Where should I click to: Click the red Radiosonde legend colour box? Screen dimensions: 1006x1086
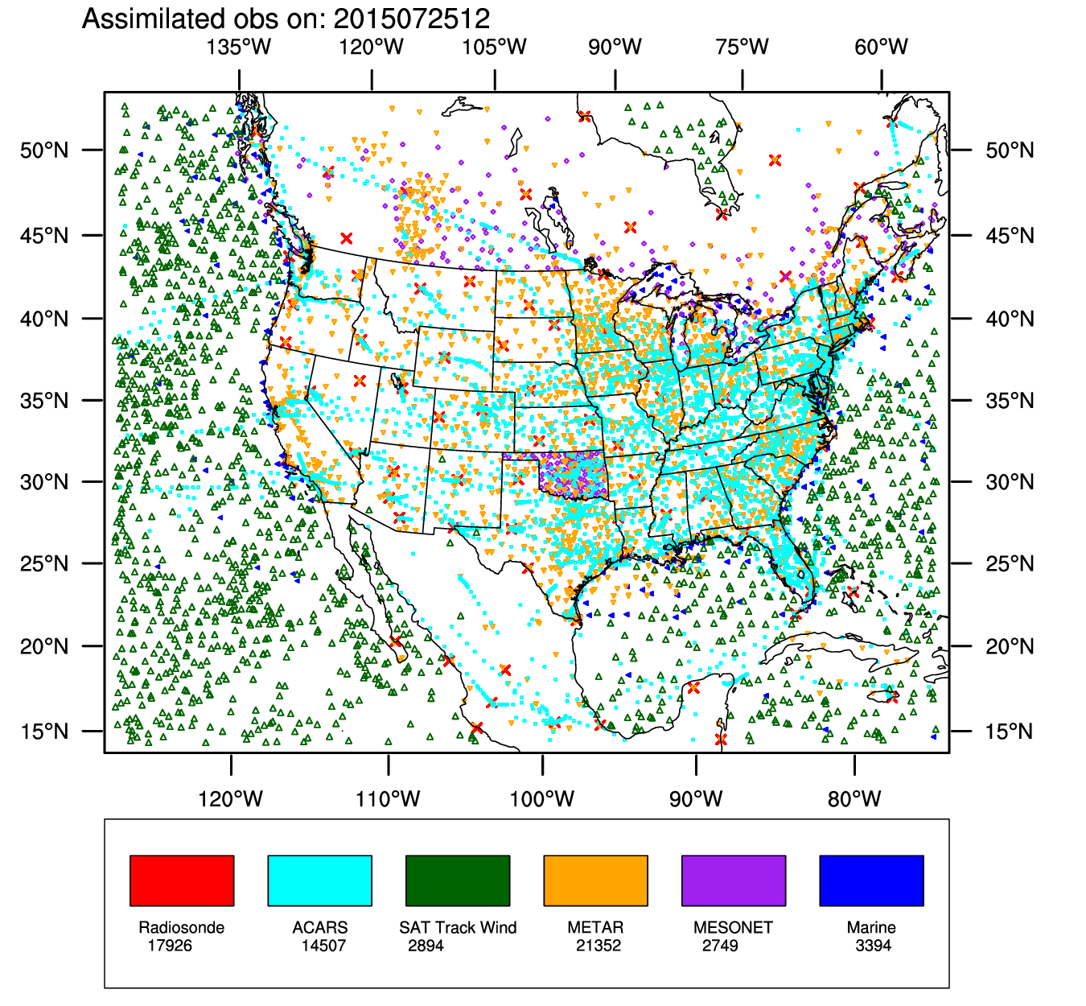pyautogui.click(x=182, y=880)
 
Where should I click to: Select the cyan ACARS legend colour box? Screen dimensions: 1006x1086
pyautogui.click(x=319, y=880)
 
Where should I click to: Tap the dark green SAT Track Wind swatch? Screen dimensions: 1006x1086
pyautogui.click(x=458, y=880)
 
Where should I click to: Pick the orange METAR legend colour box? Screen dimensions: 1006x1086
pyautogui.click(x=595, y=880)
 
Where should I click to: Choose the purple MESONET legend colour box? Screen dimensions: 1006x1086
pyautogui.click(x=734, y=880)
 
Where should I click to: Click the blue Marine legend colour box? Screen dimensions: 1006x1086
pyautogui.click(x=871, y=880)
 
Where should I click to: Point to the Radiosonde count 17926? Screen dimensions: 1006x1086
pyautogui.click(x=170, y=946)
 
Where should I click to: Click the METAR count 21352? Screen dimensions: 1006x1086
pyautogui.click(x=599, y=946)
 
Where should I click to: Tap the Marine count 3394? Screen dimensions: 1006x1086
pyautogui.click(x=874, y=946)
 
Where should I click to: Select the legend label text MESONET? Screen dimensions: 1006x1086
pyautogui.click(x=733, y=927)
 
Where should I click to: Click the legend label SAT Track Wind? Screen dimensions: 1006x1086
pyautogui.click(x=458, y=927)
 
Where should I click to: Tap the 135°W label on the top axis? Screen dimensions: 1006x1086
pyautogui.click(x=239, y=47)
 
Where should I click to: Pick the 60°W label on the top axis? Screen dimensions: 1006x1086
pyautogui.click(x=882, y=47)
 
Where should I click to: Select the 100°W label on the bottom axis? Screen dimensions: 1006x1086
pyautogui.click(x=543, y=799)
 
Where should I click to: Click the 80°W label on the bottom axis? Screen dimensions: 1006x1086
pyautogui.click(x=854, y=799)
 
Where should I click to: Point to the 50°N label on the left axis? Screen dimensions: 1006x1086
pyautogui.click(x=44, y=150)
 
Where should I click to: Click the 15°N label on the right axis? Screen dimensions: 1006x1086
pyautogui.click(x=1010, y=732)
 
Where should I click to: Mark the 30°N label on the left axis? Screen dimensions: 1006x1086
pyautogui.click(x=44, y=482)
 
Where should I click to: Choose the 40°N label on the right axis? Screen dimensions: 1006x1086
pyautogui.click(x=1010, y=319)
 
